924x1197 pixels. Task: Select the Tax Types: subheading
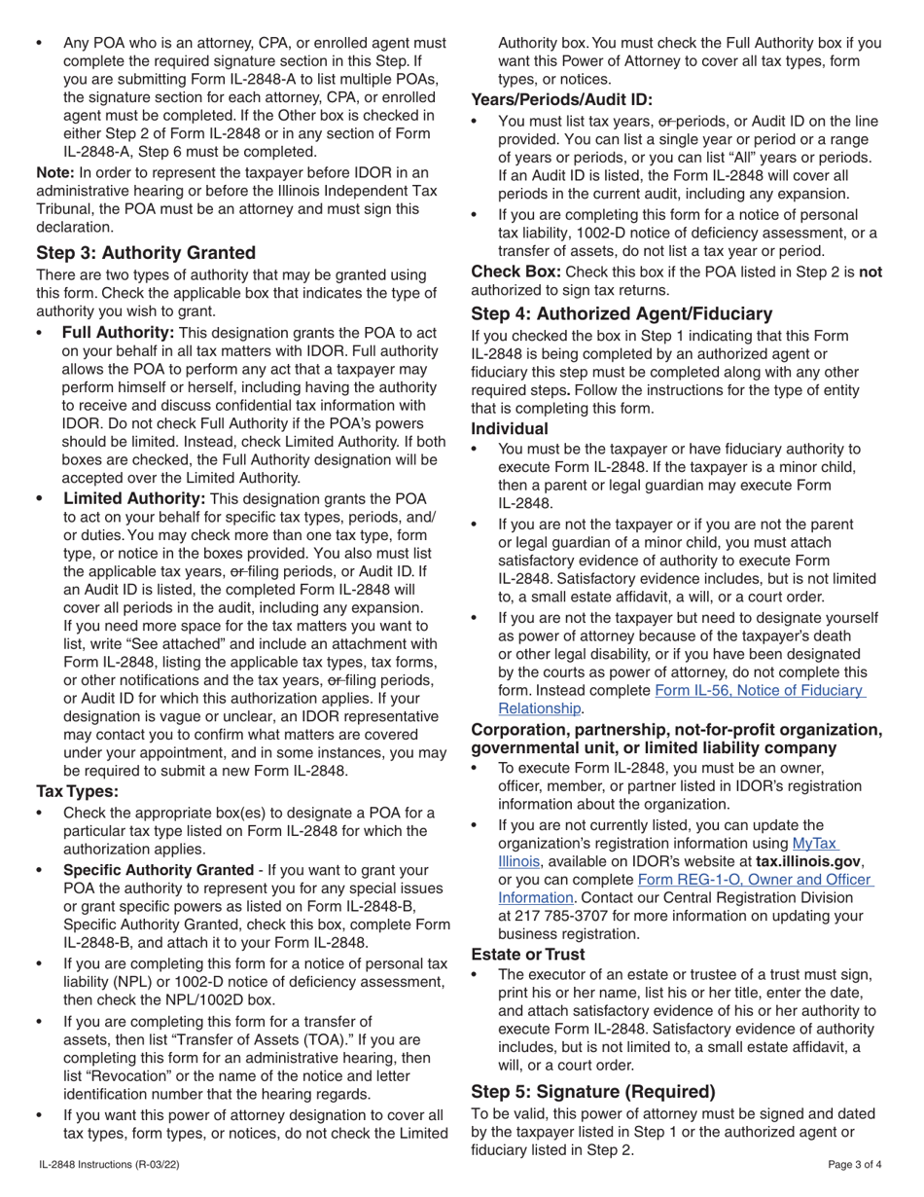coord(78,791)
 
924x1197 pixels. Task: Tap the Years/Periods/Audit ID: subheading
coord(561,99)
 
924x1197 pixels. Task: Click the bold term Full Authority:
coord(118,333)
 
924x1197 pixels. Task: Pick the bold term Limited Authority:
coord(134,498)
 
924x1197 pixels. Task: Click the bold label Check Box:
coord(515,272)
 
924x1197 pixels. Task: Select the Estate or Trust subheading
coord(528,954)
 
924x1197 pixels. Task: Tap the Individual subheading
coord(510,428)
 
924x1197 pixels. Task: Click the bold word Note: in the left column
coord(54,172)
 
